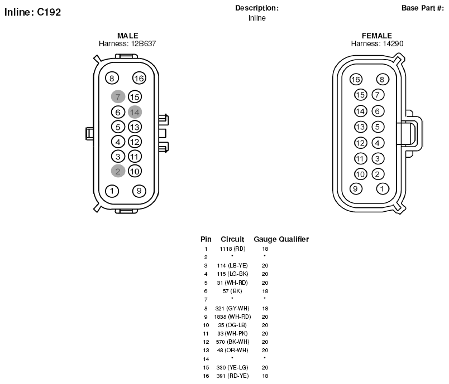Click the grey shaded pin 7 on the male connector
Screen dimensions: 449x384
tap(118, 96)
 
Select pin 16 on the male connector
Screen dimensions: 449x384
tap(139, 78)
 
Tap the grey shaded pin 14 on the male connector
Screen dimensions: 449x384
tap(135, 112)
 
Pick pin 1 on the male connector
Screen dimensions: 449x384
tap(112, 191)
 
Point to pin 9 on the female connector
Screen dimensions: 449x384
tap(356, 188)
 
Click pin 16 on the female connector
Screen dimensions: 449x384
tap(356, 80)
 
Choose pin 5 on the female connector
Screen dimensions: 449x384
tap(378, 127)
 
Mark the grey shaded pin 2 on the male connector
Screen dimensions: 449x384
tap(118, 171)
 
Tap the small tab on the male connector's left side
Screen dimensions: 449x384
tap(89, 134)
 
